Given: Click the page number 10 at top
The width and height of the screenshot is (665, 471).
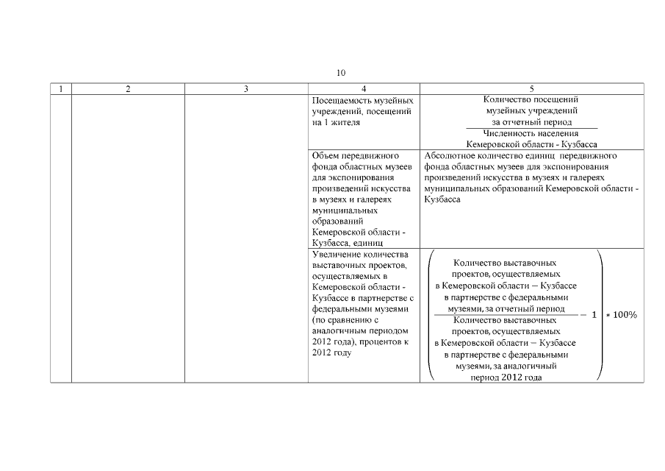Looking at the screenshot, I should (x=341, y=73).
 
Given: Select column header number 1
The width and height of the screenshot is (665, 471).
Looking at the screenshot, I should (x=60, y=89).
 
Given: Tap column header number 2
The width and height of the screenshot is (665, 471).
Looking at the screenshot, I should (x=128, y=89).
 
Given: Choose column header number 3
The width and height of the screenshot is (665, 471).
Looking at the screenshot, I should (x=245, y=89).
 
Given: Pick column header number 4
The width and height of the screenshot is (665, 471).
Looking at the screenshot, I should (x=364, y=89).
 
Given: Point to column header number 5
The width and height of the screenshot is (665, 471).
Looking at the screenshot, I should (x=531, y=89).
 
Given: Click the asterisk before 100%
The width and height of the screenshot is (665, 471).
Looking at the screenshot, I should (x=608, y=316).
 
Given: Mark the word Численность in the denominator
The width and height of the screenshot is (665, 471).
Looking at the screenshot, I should (x=498, y=133).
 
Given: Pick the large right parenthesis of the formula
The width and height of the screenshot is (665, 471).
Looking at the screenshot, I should (x=600, y=315).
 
